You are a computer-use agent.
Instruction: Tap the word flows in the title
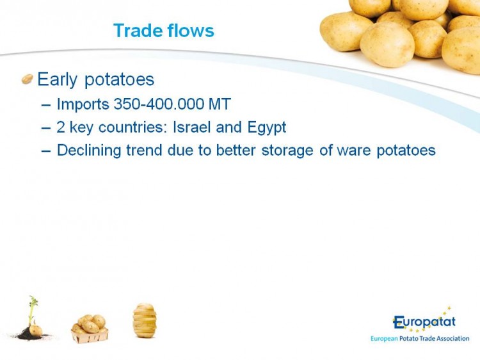tap(191, 30)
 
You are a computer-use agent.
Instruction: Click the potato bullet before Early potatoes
tap(28, 79)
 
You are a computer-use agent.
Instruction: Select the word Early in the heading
tap(57, 80)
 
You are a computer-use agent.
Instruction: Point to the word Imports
tap(83, 104)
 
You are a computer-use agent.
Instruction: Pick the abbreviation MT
tap(220, 104)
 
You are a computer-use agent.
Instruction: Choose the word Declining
tap(89, 151)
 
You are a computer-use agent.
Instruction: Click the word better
tap(236, 150)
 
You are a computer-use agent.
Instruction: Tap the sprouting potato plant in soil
tap(31, 318)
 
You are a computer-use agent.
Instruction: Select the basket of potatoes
tap(90, 329)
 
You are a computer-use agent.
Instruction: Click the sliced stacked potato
tap(145, 320)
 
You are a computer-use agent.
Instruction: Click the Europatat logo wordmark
tap(424, 322)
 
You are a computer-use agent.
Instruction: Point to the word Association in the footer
tap(452, 339)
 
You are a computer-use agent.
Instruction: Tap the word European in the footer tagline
tap(384, 339)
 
